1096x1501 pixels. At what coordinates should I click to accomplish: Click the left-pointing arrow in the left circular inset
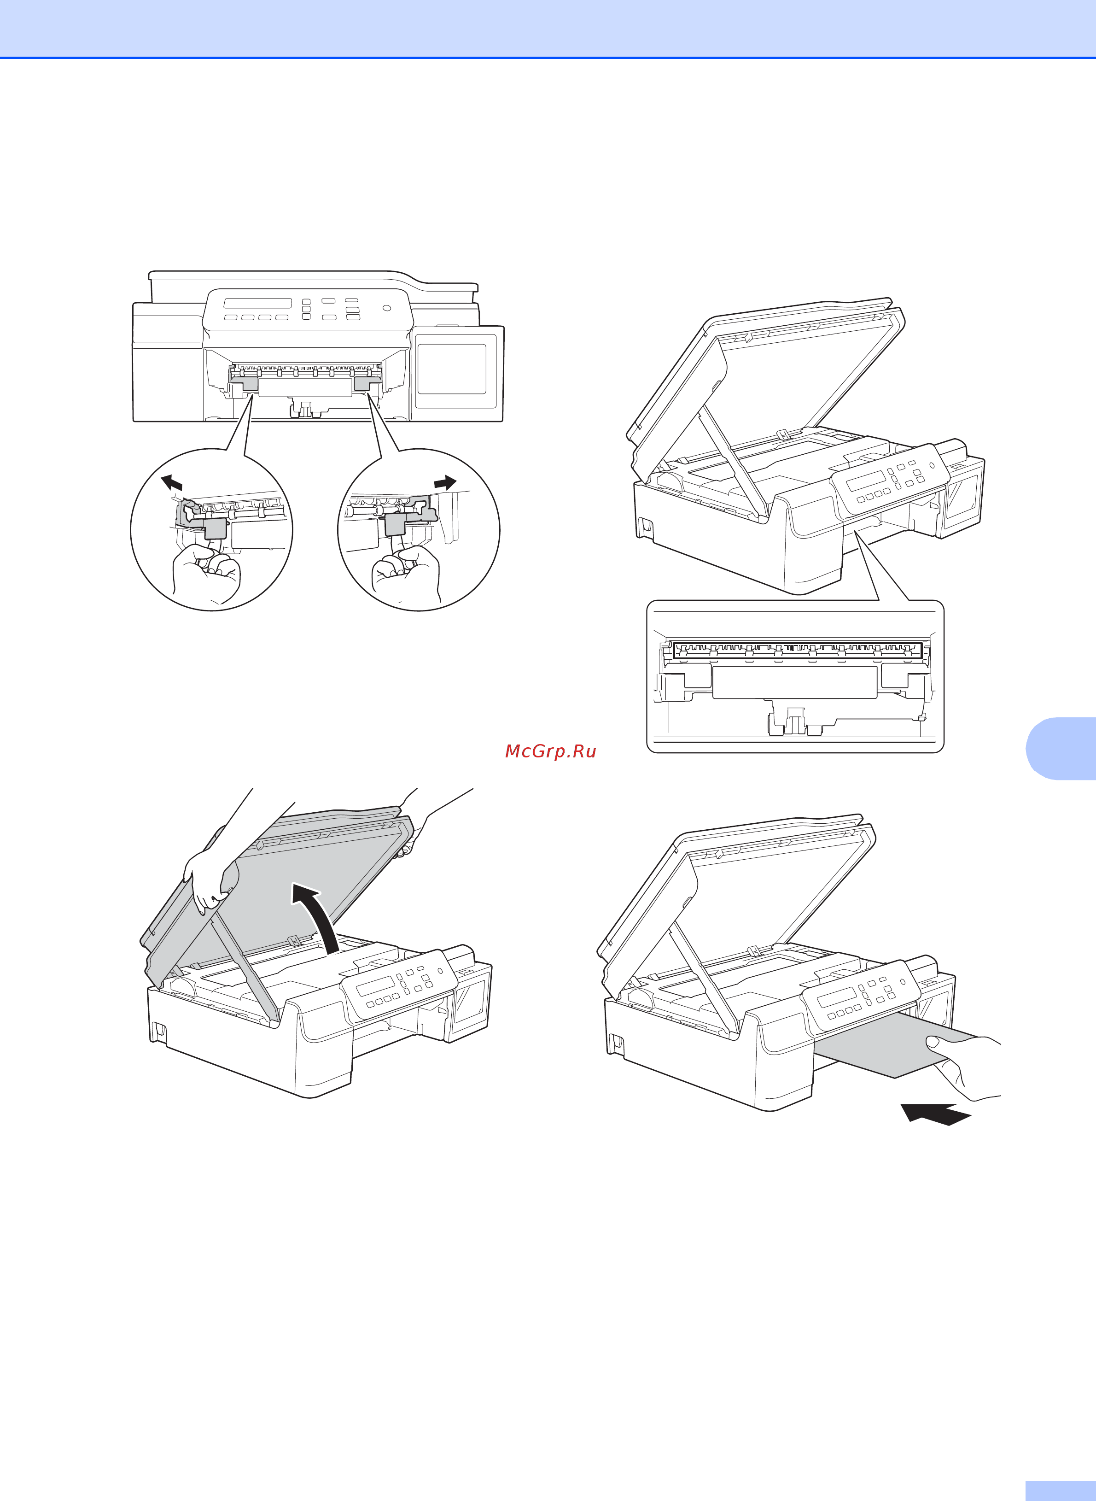172,482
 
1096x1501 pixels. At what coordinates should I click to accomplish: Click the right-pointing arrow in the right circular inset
446,482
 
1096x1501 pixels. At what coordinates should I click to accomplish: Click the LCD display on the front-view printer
257,303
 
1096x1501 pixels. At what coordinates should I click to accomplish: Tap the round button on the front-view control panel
387,308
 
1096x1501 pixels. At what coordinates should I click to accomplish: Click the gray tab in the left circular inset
215,528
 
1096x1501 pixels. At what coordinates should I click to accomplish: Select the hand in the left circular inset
206,571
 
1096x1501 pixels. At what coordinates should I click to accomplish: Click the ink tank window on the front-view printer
452,369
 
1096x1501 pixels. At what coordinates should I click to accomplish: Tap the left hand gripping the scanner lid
210,879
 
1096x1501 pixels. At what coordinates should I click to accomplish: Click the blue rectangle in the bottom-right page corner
1060,1490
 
